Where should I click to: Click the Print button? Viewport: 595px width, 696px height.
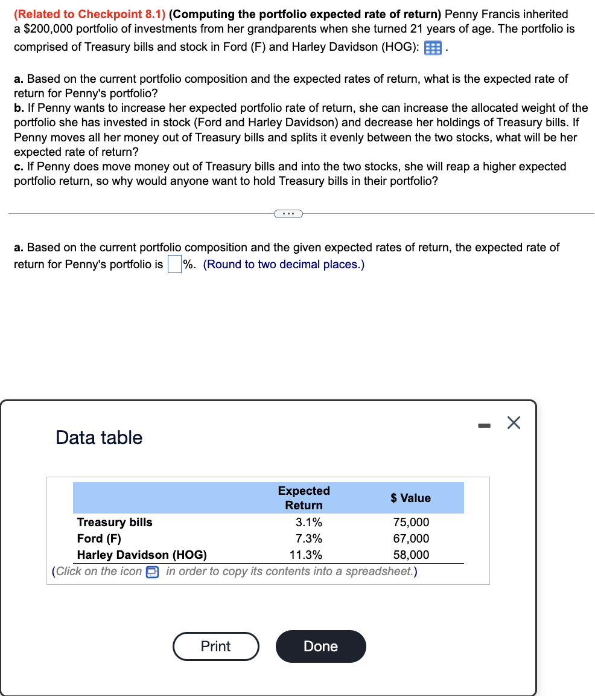215,646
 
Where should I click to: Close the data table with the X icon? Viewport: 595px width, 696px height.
513,424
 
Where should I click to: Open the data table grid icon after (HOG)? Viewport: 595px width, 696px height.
433,48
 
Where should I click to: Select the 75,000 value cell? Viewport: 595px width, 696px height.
411,522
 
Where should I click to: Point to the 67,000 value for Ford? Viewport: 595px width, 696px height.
411,538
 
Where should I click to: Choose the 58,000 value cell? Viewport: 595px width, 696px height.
411,555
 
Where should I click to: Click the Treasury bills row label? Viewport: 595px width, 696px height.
115,522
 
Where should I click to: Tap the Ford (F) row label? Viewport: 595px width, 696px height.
99,538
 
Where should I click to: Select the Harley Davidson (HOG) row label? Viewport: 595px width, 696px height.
142,555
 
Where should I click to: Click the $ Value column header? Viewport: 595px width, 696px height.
410,498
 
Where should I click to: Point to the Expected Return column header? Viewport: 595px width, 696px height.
304,498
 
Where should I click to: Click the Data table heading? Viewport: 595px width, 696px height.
99,437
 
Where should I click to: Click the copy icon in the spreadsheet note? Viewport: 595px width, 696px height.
152,572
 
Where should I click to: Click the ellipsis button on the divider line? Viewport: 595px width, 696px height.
288,213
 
